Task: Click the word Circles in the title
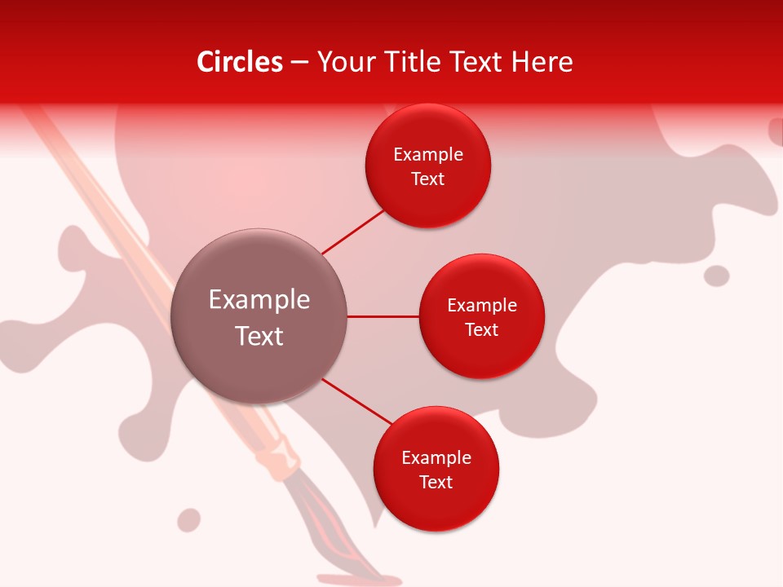240,62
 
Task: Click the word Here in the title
542,62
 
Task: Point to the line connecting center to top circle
353,232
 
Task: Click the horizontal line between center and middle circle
383,316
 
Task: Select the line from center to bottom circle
357,402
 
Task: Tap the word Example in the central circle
259,300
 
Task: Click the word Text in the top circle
428,179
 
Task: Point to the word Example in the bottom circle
436,458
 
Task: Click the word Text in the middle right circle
482,330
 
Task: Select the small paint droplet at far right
716,276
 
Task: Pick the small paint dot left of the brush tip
189,520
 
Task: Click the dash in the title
299,63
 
